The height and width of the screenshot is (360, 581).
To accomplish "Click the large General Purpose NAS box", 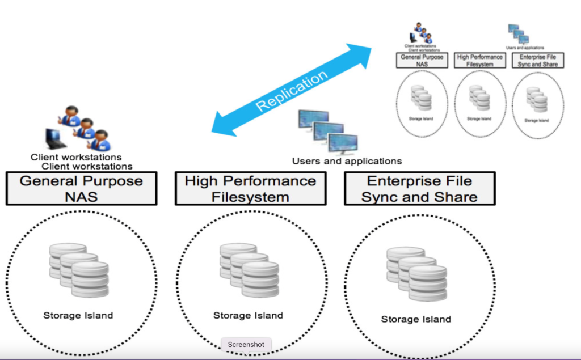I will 81,189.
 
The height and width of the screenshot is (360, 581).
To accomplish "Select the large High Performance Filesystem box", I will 250,189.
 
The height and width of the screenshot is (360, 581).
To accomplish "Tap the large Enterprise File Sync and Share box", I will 419,189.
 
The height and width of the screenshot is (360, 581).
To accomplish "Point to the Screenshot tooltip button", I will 246,344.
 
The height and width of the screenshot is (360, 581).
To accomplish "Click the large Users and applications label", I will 347,161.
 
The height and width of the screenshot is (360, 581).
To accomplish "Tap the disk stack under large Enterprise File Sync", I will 416,274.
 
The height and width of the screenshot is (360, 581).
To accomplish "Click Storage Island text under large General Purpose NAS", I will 78,315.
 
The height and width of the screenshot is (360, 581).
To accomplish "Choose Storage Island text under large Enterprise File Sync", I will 416,319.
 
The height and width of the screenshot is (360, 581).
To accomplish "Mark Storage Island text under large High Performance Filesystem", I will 248,315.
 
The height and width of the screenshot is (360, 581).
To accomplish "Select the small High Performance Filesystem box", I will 479,61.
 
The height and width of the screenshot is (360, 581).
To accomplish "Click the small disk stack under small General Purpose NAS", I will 421,98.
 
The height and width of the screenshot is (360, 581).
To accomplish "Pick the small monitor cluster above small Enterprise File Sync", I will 517,34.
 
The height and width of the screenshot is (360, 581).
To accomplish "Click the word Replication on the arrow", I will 292,90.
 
